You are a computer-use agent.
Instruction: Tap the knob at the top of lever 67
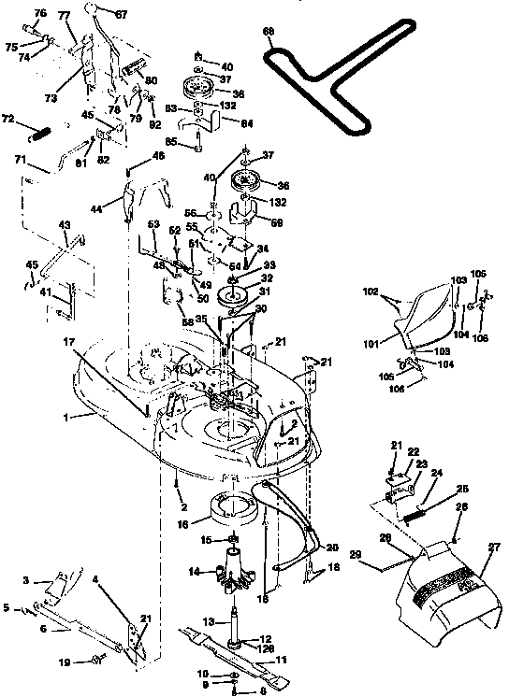point(94,9)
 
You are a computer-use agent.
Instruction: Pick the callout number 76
point(39,12)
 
